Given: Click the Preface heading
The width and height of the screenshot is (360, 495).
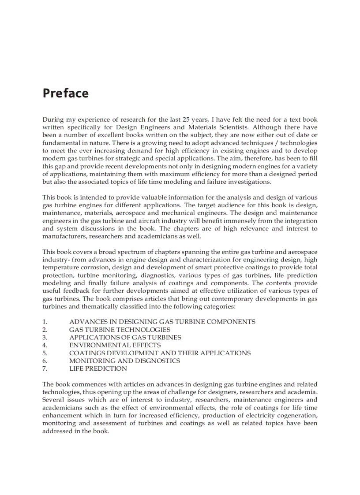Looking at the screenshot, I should [x=65, y=93].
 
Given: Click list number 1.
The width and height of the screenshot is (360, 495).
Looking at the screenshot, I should [x=45, y=322].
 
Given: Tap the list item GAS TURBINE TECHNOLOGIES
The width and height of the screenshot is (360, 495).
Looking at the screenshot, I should [x=120, y=330].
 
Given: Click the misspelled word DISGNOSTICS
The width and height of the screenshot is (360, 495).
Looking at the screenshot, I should [x=154, y=361].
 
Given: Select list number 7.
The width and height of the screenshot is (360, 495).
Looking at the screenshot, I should [x=45, y=368].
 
